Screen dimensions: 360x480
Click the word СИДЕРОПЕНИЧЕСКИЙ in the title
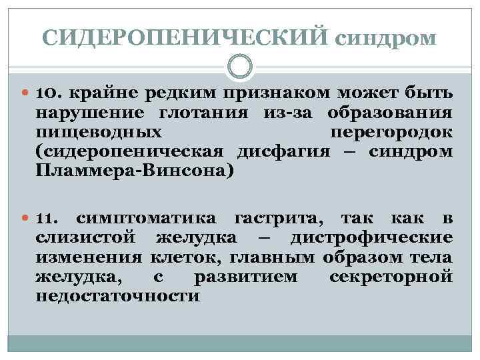point(185,35)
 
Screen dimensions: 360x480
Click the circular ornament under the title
point(240,66)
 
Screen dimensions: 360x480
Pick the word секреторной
point(391,277)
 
